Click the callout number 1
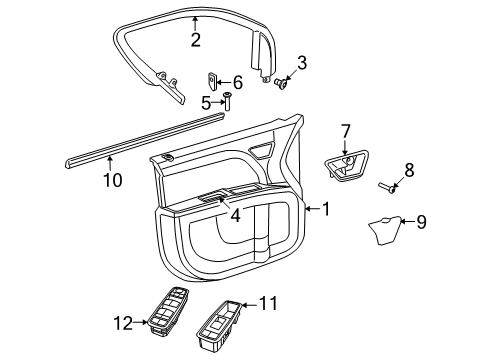point(327,209)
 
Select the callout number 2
point(196,40)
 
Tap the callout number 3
point(301,63)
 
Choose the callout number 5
point(206,101)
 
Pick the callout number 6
point(237,82)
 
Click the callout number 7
point(346,130)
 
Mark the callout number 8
point(408,170)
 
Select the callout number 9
point(421,222)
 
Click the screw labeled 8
point(388,185)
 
